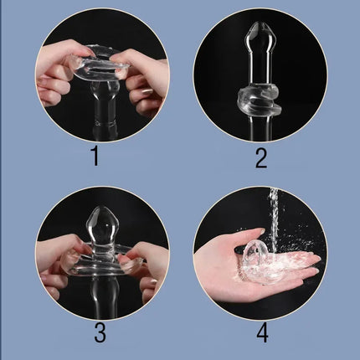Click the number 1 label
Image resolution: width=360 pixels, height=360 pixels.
95,157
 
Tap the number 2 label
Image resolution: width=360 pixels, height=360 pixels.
261,157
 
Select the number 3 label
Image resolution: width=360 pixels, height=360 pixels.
100,332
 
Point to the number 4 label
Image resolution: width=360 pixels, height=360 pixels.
262,332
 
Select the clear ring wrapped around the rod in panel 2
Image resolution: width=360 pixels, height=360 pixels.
257,98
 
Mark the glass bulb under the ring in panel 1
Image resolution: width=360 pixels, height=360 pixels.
104,94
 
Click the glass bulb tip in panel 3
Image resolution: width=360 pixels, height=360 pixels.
104,224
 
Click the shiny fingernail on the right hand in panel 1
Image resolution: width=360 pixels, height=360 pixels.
147,91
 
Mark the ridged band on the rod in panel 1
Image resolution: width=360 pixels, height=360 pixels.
105,123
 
